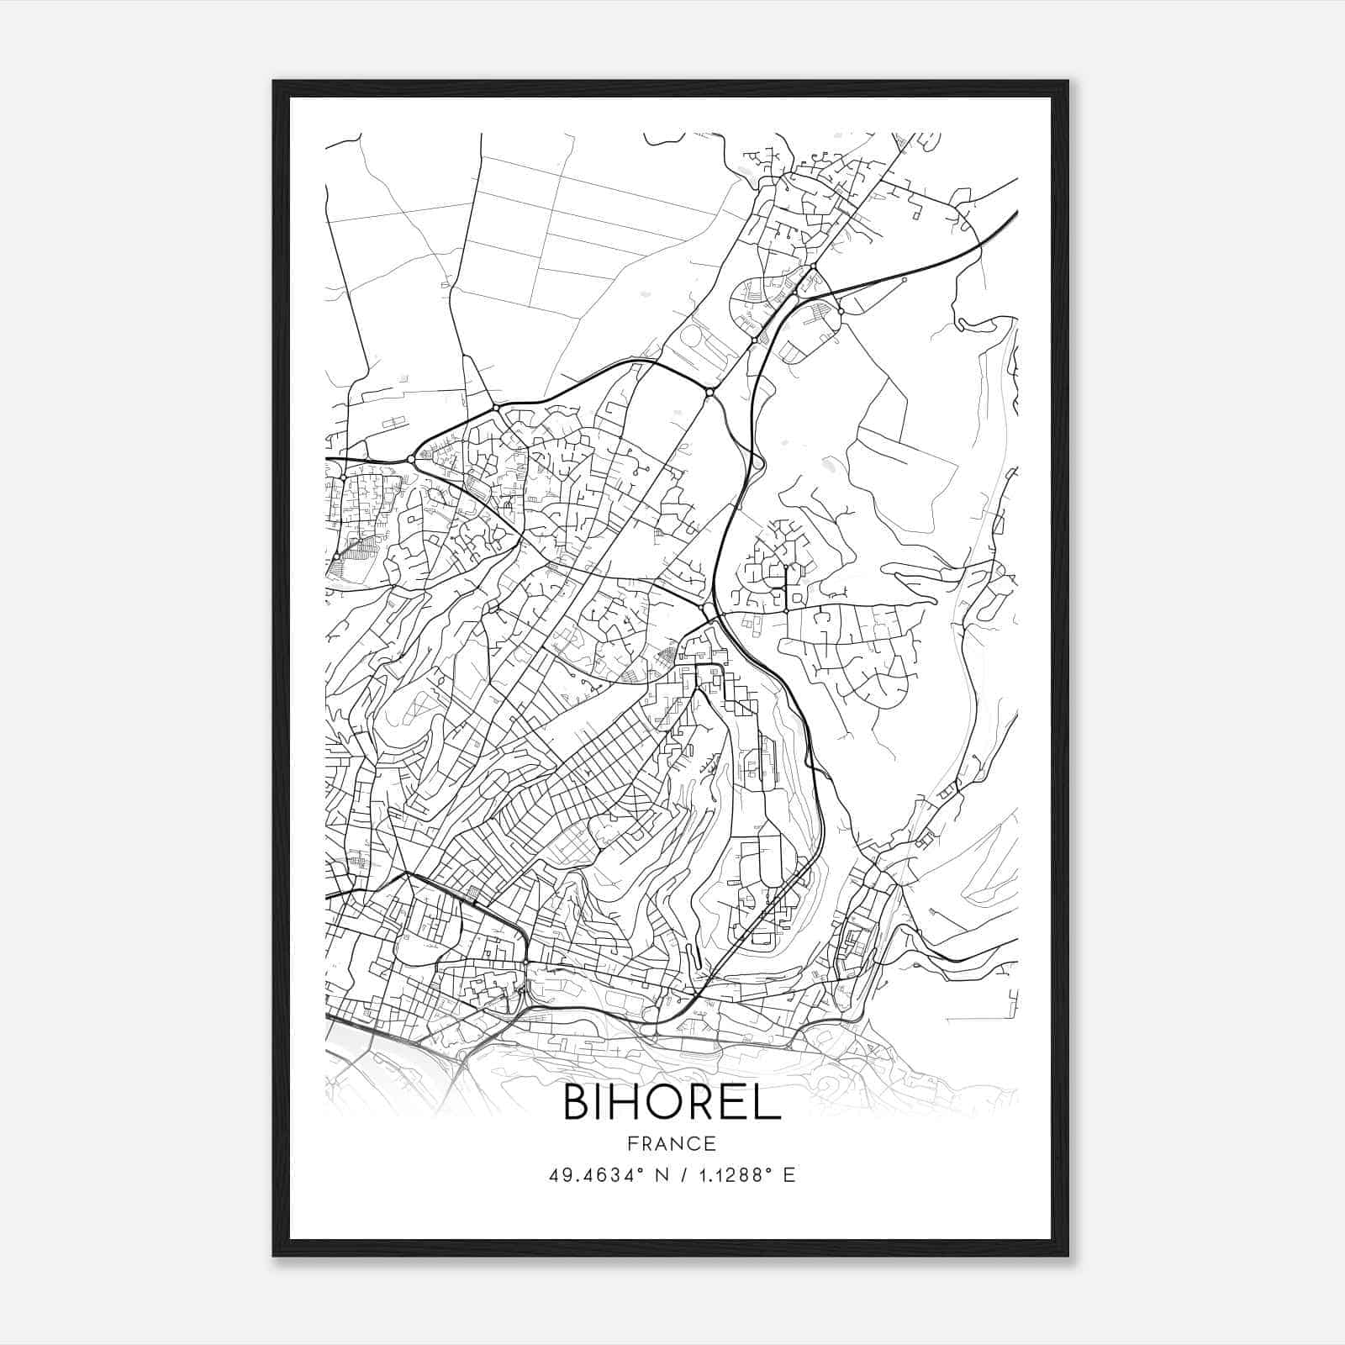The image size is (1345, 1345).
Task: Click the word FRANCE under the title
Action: (672, 1144)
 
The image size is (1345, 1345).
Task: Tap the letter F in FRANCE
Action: (632, 1144)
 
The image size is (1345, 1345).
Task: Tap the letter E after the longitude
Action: (789, 1175)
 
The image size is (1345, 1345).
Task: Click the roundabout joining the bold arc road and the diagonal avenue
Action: (709, 393)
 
